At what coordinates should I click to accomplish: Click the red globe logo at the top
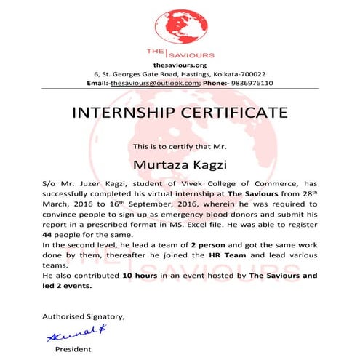180,23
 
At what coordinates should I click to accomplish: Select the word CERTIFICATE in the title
230,113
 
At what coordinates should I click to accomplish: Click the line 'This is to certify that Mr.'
180,147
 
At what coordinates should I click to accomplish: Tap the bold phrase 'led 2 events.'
68,287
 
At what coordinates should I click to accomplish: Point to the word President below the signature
73,350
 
